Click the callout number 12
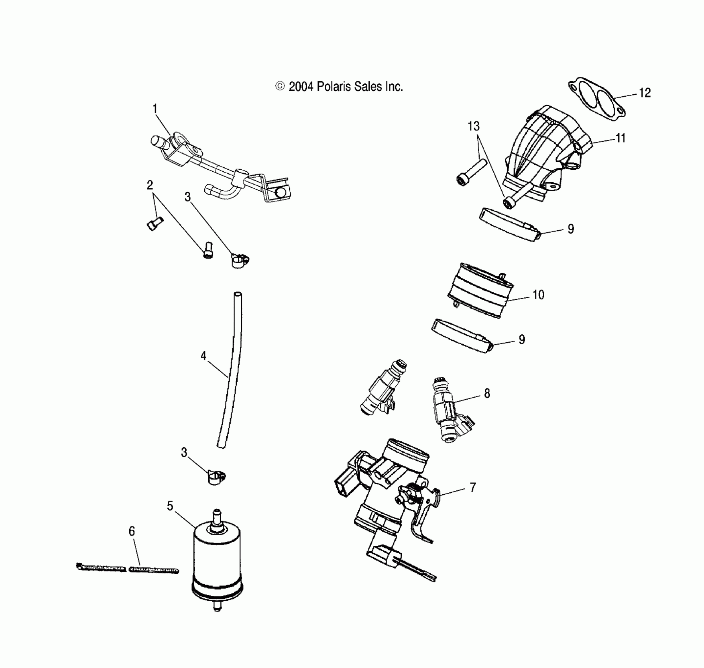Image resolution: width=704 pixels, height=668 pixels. tap(645, 93)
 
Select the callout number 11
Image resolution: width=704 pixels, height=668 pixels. tap(620, 138)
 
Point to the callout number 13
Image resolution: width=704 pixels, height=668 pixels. tap(473, 127)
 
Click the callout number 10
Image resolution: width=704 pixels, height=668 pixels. tap(538, 295)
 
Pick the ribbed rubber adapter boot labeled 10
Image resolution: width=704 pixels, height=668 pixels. tap(480, 290)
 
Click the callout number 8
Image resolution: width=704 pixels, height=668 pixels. tap(487, 393)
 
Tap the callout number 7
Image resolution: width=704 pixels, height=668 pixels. tap(473, 488)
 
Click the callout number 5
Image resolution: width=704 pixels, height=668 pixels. tap(170, 506)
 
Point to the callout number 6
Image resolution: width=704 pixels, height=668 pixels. tap(132, 531)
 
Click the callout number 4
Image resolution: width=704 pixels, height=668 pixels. tap(203, 356)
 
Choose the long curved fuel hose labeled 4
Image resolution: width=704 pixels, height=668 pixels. tap(232, 369)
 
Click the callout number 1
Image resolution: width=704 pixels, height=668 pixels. tap(155, 108)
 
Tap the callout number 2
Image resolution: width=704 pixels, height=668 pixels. tap(150, 185)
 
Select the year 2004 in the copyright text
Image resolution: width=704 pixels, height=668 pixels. tap(301, 86)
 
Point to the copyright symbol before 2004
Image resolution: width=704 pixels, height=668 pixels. tap(280, 86)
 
